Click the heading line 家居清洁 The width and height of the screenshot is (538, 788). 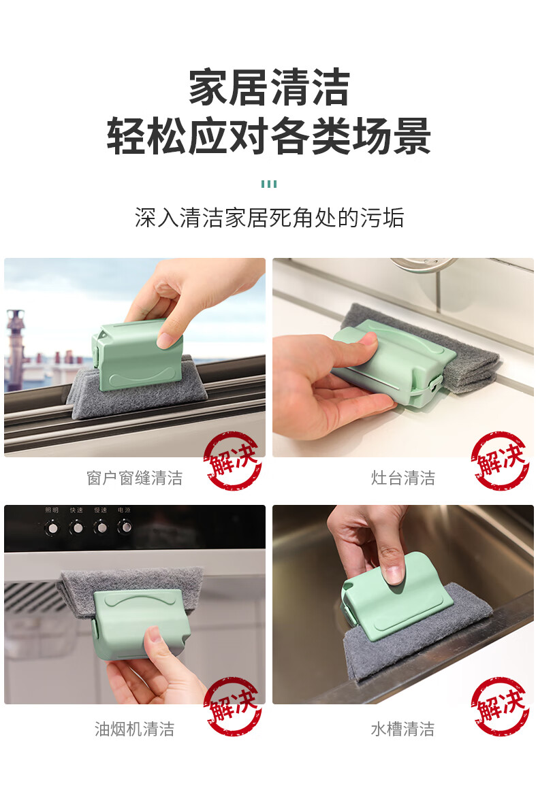click(269, 88)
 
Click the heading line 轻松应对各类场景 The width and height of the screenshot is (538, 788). click(269, 135)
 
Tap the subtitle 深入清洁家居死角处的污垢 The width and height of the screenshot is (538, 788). click(269, 218)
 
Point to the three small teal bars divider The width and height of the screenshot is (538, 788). click(269, 184)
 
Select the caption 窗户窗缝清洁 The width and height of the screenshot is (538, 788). click(134, 478)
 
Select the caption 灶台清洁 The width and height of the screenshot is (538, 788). click(402, 478)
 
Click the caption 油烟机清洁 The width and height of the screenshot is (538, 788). click(134, 729)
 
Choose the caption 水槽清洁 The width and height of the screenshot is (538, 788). click(402, 729)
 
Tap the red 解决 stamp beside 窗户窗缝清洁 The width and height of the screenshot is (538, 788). click(232, 461)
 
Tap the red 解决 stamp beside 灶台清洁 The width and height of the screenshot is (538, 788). click(500, 461)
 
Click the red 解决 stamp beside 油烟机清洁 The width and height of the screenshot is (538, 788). click(232, 706)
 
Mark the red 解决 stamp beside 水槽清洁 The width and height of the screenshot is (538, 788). click(500, 706)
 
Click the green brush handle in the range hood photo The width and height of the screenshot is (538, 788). click(142, 623)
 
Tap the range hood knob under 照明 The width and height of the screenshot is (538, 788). click(52, 527)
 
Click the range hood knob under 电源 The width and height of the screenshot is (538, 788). click(125, 527)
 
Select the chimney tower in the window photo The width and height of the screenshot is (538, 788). click(15, 349)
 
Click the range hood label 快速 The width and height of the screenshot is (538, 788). click(76, 510)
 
